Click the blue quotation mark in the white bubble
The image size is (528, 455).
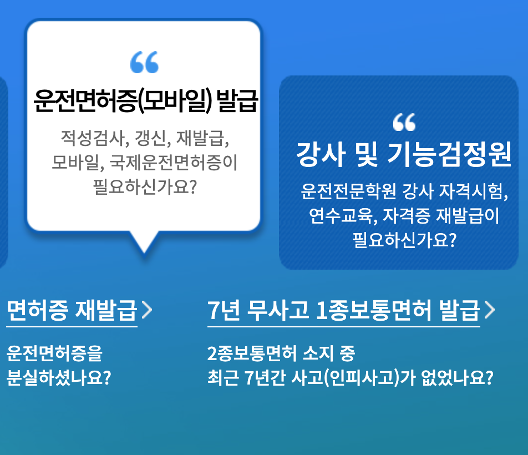coord(144,63)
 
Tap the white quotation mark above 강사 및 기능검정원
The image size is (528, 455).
coord(404,122)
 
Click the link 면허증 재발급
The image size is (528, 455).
coord(72,311)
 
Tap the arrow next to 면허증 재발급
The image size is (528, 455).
coord(146,311)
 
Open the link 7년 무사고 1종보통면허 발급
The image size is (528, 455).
coord(343,311)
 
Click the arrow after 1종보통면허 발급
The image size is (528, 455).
coord(489,311)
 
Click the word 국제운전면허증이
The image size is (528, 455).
coord(174,163)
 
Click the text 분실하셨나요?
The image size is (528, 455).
coord(59,378)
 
